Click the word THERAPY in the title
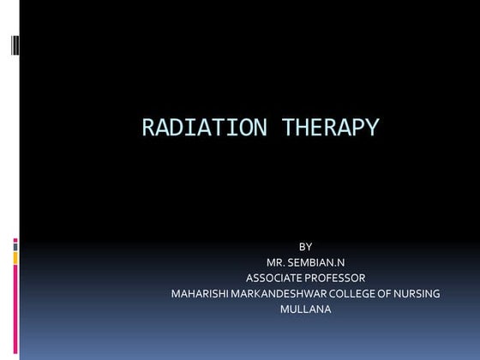pyautogui.click(x=325, y=129)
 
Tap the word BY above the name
pyautogui.click(x=305, y=247)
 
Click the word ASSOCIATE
pyautogui.click(x=277, y=278)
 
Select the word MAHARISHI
pyautogui.click(x=201, y=294)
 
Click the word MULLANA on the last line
pyautogui.click(x=305, y=309)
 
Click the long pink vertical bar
pyautogui.click(x=15, y=309)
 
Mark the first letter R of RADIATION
pyautogui.click(x=148, y=129)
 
